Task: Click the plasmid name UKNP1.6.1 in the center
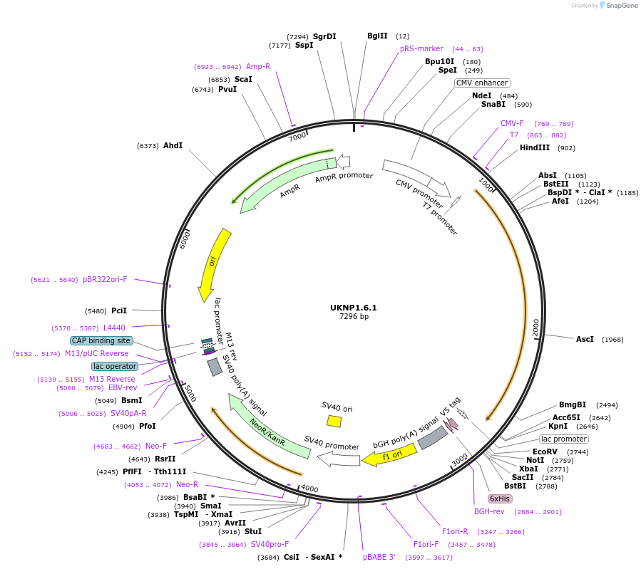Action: pyautogui.click(x=353, y=308)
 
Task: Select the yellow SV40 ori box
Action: pyautogui.click(x=334, y=421)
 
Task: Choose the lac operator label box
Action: pyautogui.click(x=114, y=366)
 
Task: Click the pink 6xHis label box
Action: pyautogui.click(x=499, y=498)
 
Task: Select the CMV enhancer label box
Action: pyautogui.click(x=482, y=83)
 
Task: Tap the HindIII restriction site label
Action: pyautogui.click(x=535, y=148)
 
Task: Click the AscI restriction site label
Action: pyautogui.click(x=585, y=340)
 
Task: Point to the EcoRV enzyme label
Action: pyautogui.click(x=545, y=452)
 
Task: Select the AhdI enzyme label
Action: pyautogui.click(x=173, y=146)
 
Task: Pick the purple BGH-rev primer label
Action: pyautogui.click(x=489, y=511)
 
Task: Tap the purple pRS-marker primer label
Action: pyautogui.click(x=421, y=49)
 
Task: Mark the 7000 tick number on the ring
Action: pyautogui.click(x=297, y=135)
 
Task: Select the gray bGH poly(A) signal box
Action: pyautogui.click(x=433, y=438)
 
